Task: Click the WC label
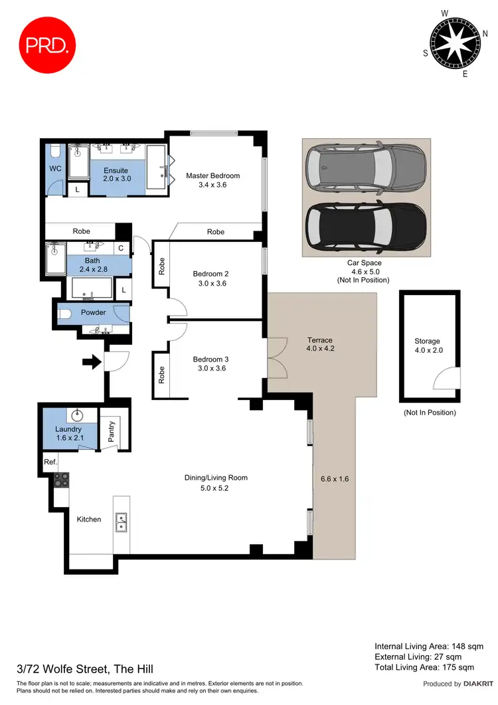pyautogui.click(x=55, y=169)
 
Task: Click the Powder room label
pyautogui.click(x=94, y=312)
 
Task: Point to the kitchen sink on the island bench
pyautogui.click(x=122, y=523)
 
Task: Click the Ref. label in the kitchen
pyautogui.click(x=50, y=461)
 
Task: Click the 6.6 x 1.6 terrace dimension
pyautogui.click(x=333, y=478)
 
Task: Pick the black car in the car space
pyautogui.click(x=366, y=227)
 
